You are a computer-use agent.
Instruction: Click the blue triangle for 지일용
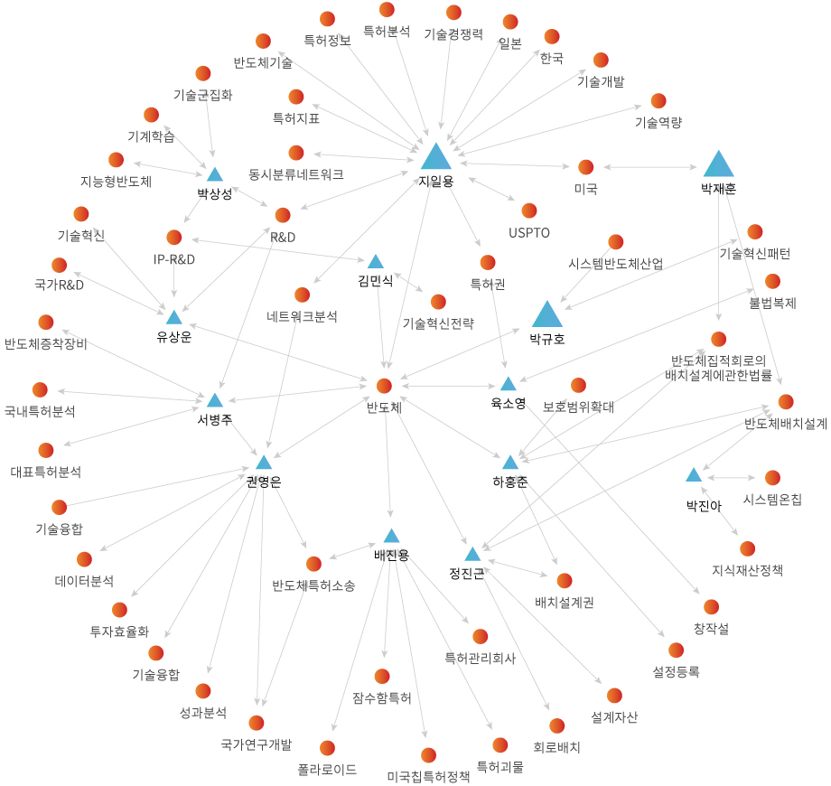tap(435, 157)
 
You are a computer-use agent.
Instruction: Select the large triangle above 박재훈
tap(718, 164)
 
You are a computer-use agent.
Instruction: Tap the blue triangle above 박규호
tap(546, 314)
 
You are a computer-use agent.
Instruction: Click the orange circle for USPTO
tap(529, 211)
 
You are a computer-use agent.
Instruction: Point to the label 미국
tap(585, 189)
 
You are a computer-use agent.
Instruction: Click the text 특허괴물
tap(500, 767)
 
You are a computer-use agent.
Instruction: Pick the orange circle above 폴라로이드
tap(327, 748)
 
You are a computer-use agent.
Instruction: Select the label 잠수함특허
tap(382, 697)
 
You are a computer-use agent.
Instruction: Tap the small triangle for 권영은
tap(264, 463)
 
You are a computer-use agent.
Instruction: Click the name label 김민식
tap(375, 281)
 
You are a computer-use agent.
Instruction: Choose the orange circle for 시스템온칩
tap(772, 477)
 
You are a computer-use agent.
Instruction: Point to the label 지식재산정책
tap(747, 570)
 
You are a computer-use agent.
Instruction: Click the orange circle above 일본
tap(510, 22)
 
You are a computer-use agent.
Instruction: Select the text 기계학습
tap(151, 136)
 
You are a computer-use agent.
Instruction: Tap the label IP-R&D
tap(174, 259)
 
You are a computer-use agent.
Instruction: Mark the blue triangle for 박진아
tap(694, 475)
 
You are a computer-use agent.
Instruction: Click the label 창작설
tap(711, 628)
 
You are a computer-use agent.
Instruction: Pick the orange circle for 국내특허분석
tap(40, 389)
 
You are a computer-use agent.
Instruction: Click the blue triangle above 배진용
tap(391, 536)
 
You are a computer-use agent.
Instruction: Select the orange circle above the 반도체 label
tap(384, 386)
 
